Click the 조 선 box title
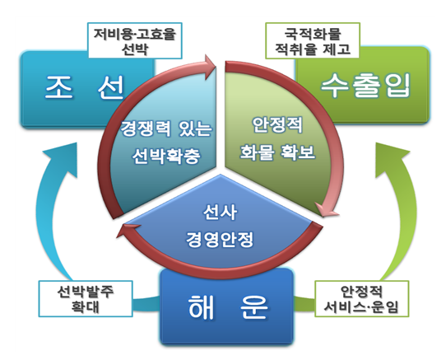[x=84, y=87]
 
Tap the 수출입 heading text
[x=366, y=86]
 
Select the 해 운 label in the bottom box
[x=228, y=306]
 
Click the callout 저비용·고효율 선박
[x=135, y=40]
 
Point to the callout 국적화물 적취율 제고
[x=313, y=40]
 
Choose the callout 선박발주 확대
[x=86, y=298]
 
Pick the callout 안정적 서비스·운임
[x=361, y=298]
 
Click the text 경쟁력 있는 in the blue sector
[x=166, y=129]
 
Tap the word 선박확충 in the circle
[x=166, y=156]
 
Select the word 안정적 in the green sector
[x=277, y=124]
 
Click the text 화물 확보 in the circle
[x=277, y=152]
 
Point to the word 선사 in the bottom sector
[x=220, y=212]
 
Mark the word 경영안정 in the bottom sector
[x=220, y=239]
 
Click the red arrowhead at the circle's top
[x=209, y=68]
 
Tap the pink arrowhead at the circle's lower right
[x=328, y=209]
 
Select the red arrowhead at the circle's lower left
[x=128, y=230]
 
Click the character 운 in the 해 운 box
[x=254, y=306]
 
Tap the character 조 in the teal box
[x=58, y=87]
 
